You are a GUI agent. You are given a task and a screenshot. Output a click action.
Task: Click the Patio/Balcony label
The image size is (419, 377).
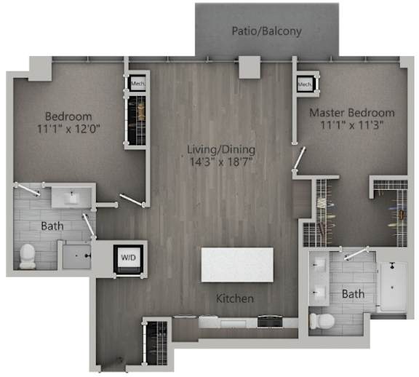click(266, 31)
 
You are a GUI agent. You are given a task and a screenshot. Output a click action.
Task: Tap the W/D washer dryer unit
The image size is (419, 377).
click(127, 258)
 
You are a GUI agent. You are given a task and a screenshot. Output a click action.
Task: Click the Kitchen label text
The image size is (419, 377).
click(234, 298)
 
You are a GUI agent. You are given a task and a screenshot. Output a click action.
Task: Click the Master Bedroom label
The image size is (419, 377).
click(352, 113)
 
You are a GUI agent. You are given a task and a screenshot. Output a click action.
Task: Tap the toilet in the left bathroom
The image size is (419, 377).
click(27, 255)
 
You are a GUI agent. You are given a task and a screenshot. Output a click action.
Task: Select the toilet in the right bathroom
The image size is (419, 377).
click(322, 320)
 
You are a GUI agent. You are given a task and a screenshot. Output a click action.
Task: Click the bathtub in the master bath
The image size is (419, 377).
click(391, 287)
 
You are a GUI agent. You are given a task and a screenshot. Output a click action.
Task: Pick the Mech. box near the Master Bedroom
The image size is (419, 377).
click(305, 85)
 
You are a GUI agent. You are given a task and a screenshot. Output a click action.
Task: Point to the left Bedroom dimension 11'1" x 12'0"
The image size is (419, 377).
click(68, 130)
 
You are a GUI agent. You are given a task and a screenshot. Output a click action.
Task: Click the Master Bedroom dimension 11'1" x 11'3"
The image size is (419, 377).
click(352, 126)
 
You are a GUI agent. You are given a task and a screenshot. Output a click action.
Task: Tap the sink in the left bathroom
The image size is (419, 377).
click(72, 197)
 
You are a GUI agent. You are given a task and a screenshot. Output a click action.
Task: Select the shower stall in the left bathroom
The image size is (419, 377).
click(76, 255)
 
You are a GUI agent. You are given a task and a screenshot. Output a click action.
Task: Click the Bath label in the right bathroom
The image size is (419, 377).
click(353, 295)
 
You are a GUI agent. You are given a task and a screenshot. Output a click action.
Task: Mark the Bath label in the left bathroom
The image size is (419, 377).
click(52, 226)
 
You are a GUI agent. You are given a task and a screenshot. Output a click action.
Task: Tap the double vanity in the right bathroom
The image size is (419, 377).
click(319, 279)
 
